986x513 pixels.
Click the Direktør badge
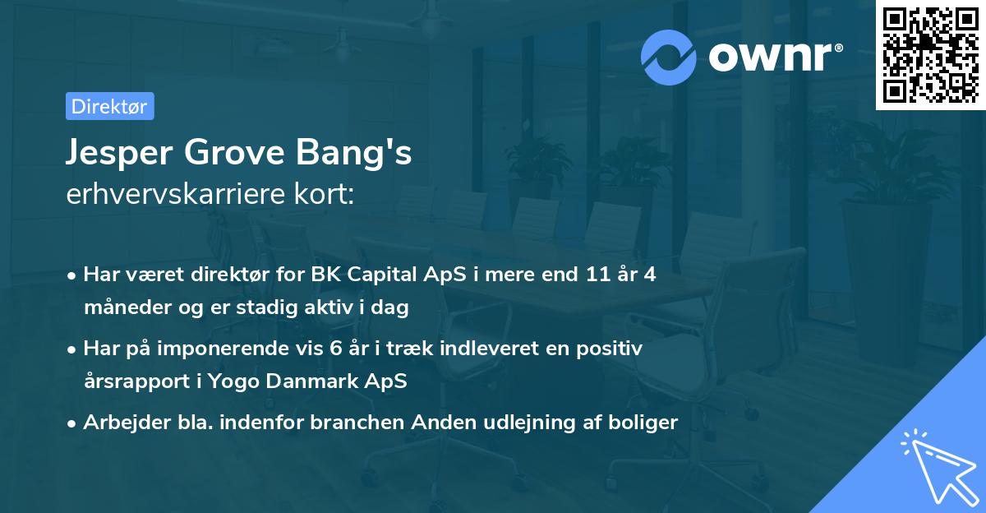pos(109,106)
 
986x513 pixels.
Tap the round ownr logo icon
pos(670,55)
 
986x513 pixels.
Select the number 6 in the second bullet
pos(335,349)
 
